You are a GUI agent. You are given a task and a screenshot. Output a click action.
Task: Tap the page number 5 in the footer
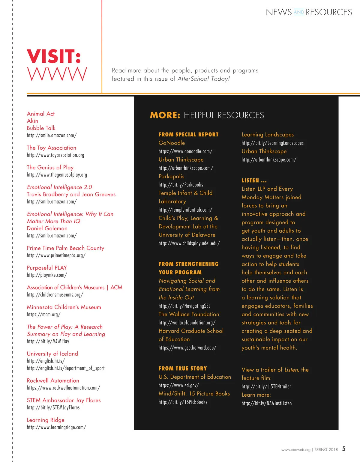pyautogui.click(x=344, y=449)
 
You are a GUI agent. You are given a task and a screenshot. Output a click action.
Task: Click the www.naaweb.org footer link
pyautogui.click(x=296, y=450)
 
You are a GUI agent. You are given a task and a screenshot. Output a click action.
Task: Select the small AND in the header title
pyautogui.click(x=299, y=12)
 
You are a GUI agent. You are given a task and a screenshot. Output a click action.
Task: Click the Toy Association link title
pyautogui.click(x=52, y=148)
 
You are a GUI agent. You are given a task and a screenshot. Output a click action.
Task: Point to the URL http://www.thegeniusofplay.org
pyautogui.click(x=57, y=175)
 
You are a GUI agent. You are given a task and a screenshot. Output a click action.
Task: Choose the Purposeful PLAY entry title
pyautogui.click(x=47, y=268)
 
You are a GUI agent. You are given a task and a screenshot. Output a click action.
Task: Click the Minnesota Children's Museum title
pyautogui.click(x=64, y=307)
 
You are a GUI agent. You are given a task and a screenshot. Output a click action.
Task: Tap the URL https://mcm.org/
pyautogui.click(x=43, y=314)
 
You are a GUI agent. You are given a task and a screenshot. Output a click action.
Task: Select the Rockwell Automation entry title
pyautogui.click(x=53, y=380)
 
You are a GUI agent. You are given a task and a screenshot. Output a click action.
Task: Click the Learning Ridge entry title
pyautogui.click(x=46, y=420)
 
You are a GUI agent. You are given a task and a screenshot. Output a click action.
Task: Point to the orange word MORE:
pyautogui.click(x=165, y=115)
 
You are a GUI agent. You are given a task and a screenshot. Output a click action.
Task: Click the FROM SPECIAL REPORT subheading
pyautogui.click(x=188, y=135)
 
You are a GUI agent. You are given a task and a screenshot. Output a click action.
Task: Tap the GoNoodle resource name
pyautogui.click(x=172, y=143)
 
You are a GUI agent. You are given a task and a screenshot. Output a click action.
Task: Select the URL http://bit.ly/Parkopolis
pyautogui.click(x=181, y=185)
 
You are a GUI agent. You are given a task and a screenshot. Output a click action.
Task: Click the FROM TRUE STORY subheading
pyautogui.click(x=183, y=368)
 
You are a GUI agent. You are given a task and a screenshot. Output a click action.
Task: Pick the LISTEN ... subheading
pyautogui.click(x=254, y=180)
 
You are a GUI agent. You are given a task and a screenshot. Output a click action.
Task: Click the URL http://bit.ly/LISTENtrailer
pyautogui.click(x=266, y=386)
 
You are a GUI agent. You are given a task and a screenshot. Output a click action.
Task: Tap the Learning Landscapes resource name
pyautogui.click(x=268, y=135)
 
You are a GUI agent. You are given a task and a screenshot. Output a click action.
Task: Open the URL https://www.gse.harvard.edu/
pyautogui.click(x=187, y=348)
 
